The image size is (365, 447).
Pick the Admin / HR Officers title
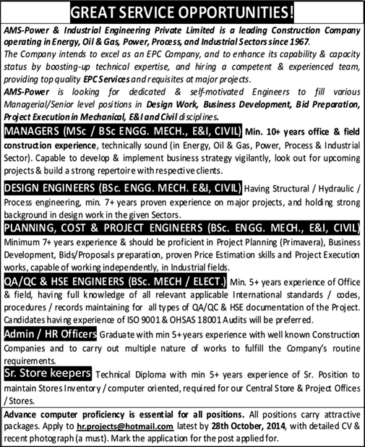49,337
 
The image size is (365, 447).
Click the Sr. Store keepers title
47,373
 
